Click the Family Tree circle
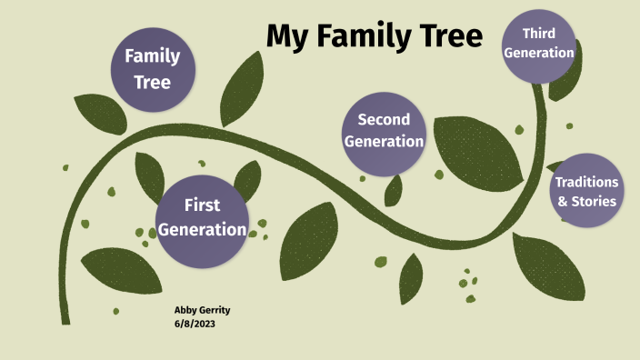[x=152, y=69]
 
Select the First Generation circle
[x=202, y=217]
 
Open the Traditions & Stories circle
[x=587, y=192]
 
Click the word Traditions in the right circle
[x=587, y=182]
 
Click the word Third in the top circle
[x=539, y=33]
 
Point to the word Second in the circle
[x=384, y=119]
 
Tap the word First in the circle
[x=202, y=205]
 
